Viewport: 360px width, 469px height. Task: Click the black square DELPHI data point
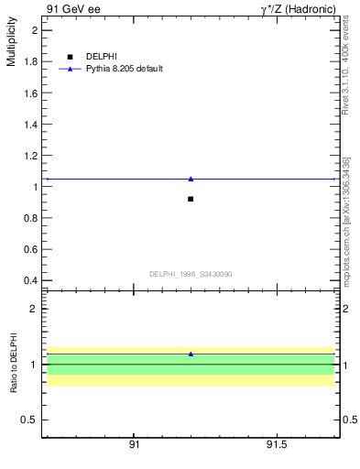coord(191,199)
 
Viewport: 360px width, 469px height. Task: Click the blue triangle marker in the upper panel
coord(191,179)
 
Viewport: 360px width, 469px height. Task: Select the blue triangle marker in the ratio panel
coord(191,354)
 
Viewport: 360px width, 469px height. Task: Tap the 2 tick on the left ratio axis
coord(35,309)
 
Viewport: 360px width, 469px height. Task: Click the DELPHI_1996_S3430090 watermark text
coord(191,274)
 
